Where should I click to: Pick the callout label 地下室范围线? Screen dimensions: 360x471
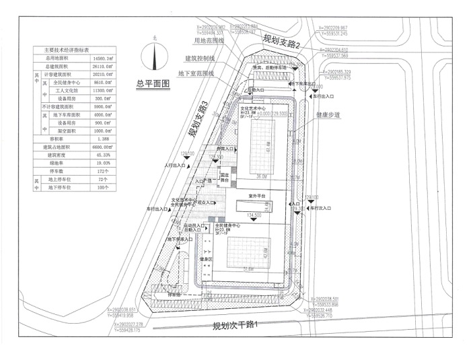[196, 73]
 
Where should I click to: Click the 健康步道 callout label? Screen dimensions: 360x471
[328, 115]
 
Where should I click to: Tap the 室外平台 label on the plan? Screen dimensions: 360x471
[257, 195]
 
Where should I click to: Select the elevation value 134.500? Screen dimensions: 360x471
[254, 215]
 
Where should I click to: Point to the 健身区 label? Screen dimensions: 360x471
[205, 259]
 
